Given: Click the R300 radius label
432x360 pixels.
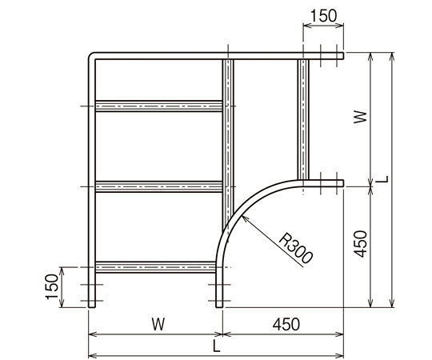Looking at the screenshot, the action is click(x=296, y=248).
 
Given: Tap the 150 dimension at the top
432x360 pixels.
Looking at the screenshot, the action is click(x=323, y=16).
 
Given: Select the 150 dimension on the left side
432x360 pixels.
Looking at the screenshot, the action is click(x=52, y=286).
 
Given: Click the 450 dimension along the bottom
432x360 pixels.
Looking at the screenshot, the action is click(x=286, y=324).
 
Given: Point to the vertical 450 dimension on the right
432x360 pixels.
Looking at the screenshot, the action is click(x=360, y=244).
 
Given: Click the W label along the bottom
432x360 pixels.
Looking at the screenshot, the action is click(x=158, y=324).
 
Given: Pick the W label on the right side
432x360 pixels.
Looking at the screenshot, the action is click(x=360, y=117).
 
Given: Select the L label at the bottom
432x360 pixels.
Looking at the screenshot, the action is click(x=217, y=346).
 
